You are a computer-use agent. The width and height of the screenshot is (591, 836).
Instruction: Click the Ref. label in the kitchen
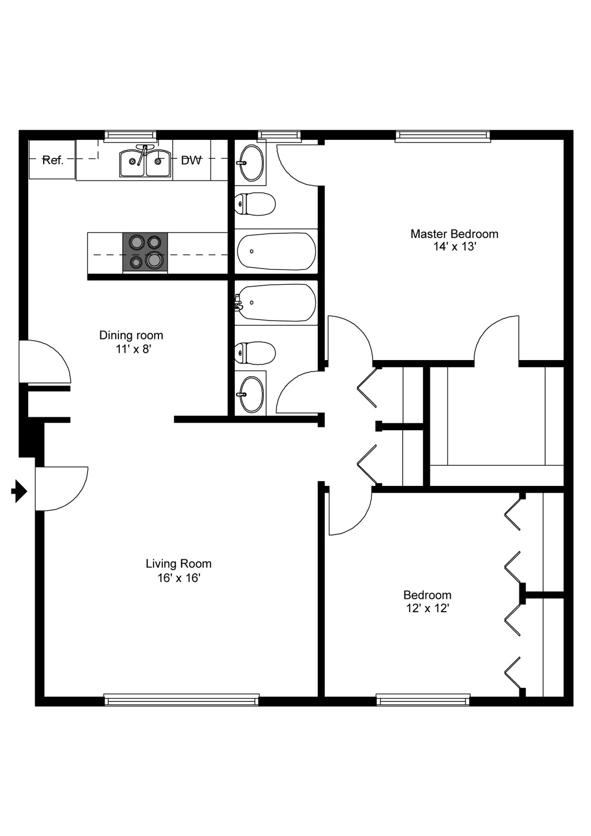pyautogui.click(x=53, y=160)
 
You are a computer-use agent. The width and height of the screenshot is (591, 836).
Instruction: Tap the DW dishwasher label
pyautogui.click(x=192, y=160)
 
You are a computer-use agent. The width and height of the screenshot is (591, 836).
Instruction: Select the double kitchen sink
pyautogui.click(x=145, y=162)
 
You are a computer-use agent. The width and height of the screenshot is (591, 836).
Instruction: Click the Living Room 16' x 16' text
pyautogui.click(x=179, y=570)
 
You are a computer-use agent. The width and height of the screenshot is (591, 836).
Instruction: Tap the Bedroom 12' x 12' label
pyautogui.click(x=427, y=601)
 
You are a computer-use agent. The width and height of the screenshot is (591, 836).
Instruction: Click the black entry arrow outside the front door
pyautogui.click(x=19, y=492)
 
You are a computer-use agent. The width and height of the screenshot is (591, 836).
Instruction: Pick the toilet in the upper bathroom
pyautogui.click(x=255, y=204)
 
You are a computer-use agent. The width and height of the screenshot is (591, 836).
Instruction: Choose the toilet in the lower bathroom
pyautogui.click(x=255, y=353)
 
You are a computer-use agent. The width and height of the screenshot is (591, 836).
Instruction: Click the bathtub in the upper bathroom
pyautogui.click(x=276, y=251)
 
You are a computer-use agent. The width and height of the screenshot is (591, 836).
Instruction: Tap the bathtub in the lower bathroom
pyautogui.click(x=276, y=303)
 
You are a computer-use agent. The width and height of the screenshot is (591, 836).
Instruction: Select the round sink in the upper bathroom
pyautogui.click(x=250, y=163)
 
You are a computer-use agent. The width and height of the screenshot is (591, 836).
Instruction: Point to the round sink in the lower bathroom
pyautogui.click(x=250, y=394)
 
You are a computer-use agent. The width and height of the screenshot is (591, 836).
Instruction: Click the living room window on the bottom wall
pyautogui.click(x=182, y=700)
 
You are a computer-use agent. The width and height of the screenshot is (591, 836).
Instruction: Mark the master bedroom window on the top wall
pyautogui.click(x=443, y=136)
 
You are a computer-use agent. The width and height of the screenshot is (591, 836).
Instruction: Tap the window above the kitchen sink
pyautogui.click(x=130, y=136)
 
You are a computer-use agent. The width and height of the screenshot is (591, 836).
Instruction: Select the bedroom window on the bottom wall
pyautogui.click(x=423, y=700)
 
